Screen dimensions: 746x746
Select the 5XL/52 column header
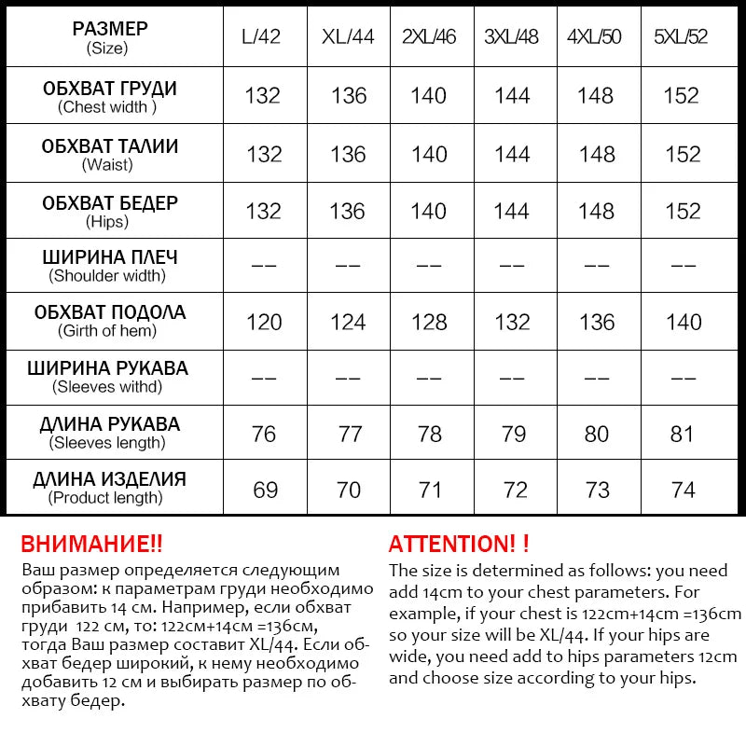[x=683, y=38]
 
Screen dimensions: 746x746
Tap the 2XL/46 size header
[x=429, y=38]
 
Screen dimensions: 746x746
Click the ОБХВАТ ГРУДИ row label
[x=110, y=90]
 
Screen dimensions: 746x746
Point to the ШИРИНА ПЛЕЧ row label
[x=110, y=257]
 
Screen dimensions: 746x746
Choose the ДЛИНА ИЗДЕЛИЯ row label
[x=110, y=480]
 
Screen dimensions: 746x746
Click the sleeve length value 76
[x=264, y=434]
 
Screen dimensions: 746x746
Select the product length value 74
[x=683, y=490]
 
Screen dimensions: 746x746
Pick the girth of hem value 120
[x=264, y=322]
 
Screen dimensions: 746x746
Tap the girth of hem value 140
[x=683, y=322]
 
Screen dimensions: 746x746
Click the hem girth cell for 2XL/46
[x=429, y=322]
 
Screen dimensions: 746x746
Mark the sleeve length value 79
[x=512, y=434]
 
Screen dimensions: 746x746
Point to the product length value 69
[x=265, y=490]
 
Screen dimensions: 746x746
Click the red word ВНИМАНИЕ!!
[x=91, y=544]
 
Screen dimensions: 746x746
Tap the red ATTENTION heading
[x=459, y=544]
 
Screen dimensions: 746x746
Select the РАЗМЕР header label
[x=110, y=30]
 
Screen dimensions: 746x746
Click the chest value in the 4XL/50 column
[x=595, y=95]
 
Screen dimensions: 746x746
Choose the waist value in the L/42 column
[x=264, y=154]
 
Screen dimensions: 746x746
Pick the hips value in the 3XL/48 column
[x=512, y=211]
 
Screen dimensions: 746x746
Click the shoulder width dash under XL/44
[x=347, y=266]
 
